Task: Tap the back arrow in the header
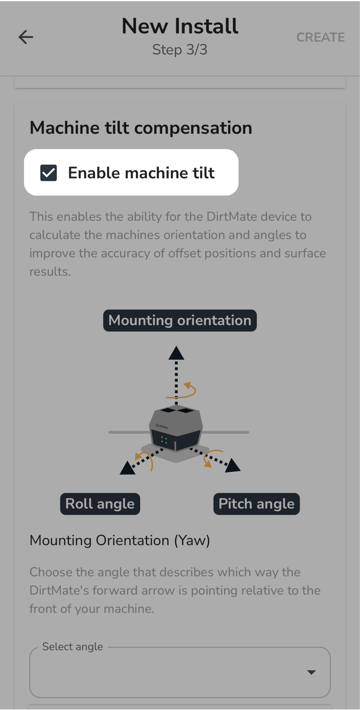pyautogui.click(x=26, y=37)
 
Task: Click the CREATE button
pyautogui.click(x=320, y=37)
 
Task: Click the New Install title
pyautogui.click(x=180, y=26)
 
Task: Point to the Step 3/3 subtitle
pyautogui.click(x=180, y=50)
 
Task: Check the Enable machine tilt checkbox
pyautogui.click(x=49, y=172)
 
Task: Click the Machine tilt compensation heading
pyautogui.click(x=141, y=128)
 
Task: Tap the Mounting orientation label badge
pyautogui.click(x=180, y=320)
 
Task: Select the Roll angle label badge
pyautogui.click(x=100, y=504)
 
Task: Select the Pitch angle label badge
pyautogui.click(x=257, y=504)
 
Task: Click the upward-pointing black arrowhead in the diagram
pyautogui.click(x=176, y=353)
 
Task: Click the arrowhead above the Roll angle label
pyautogui.click(x=127, y=469)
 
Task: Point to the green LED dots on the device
pyautogui.click(x=164, y=440)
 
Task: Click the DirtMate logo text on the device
pyautogui.click(x=162, y=426)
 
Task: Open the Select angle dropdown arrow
pyautogui.click(x=311, y=672)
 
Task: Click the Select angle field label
pyautogui.click(x=73, y=647)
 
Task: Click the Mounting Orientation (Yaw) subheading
pyautogui.click(x=120, y=540)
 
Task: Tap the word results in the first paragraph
pyautogui.click(x=50, y=272)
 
